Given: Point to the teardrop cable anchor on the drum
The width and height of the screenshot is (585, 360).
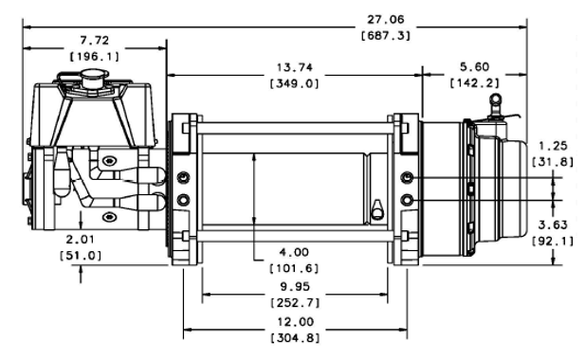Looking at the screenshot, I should [377, 207].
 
